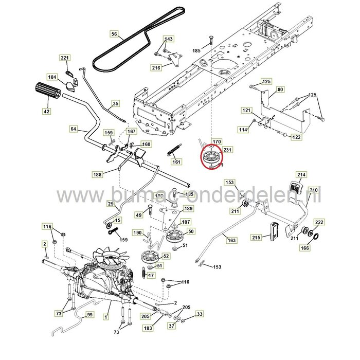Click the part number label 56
click(x=114, y=34)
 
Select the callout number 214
click(x=301, y=175)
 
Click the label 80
click(x=280, y=90)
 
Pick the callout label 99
click(x=89, y=314)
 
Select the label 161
click(x=177, y=162)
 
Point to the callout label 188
click(x=98, y=175)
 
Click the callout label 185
click(x=196, y=51)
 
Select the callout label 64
click(x=73, y=129)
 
